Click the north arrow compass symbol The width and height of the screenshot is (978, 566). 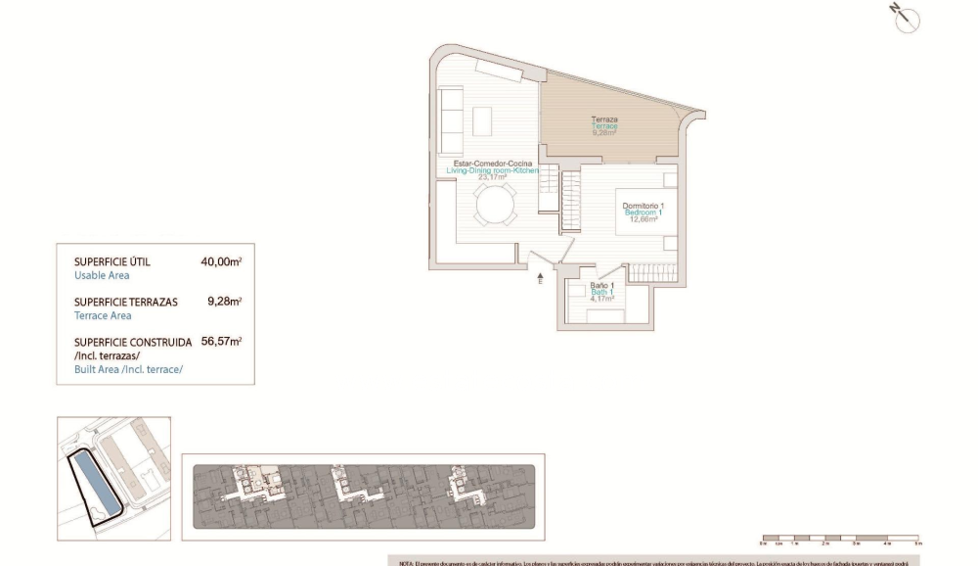[x=905, y=19]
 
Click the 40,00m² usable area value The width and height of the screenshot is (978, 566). [x=221, y=261]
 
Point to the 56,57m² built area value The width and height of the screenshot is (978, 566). [x=221, y=342]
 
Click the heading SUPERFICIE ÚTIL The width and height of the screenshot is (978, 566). [x=112, y=261]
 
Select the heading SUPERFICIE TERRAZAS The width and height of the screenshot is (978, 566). [x=126, y=302]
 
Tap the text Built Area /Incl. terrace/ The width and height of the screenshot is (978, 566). [x=128, y=369]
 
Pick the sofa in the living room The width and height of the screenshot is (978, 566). [x=451, y=114]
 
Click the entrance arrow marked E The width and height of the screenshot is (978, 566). [x=540, y=279]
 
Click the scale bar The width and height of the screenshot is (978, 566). [x=839, y=538]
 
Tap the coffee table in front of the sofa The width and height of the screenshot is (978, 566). [x=484, y=120]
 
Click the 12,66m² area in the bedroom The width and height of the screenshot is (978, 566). [x=643, y=219]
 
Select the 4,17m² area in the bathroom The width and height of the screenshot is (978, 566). [x=601, y=298]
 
